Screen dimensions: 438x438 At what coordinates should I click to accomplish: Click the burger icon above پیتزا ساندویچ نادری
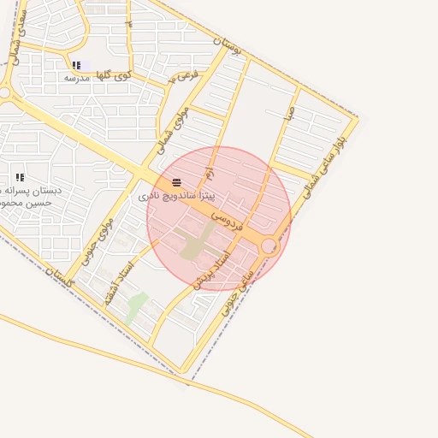tap(176, 183)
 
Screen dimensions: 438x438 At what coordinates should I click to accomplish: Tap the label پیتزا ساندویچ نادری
tap(174, 197)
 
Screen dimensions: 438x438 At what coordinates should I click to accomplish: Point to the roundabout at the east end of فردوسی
tap(269, 246)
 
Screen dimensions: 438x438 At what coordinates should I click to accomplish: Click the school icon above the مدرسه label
tap(76, 65)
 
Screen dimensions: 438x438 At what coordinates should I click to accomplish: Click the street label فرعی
tap(184, 76)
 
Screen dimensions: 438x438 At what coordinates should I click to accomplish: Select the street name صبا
tap(291, 111)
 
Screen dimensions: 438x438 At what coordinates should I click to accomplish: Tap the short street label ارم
tap(207, 174)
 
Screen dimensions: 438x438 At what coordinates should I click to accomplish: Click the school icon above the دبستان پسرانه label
tap(20, 177)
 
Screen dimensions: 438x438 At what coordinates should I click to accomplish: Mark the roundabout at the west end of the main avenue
tap(4, 92)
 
